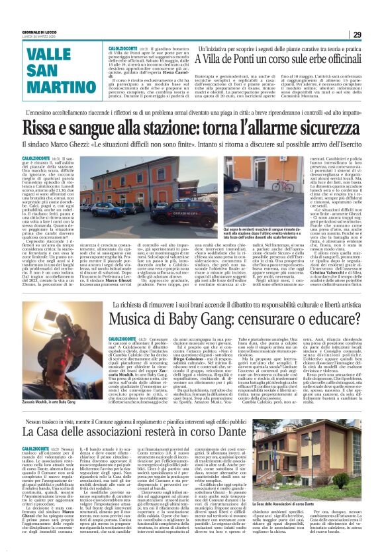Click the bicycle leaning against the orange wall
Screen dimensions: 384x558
click(264, 188)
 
